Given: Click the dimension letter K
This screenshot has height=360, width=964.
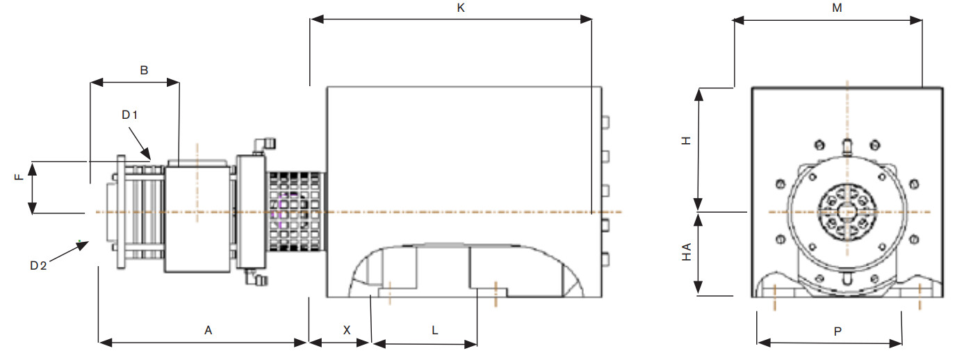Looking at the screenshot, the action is [461, 8].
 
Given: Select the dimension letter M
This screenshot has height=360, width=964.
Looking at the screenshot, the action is [837, 8].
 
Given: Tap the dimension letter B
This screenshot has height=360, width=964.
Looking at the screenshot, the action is [144, 70].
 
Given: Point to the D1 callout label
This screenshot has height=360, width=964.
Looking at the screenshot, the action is [129, 115].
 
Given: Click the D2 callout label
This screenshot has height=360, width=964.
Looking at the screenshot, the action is [38, 265].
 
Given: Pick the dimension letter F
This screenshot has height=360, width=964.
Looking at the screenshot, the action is [19, 177].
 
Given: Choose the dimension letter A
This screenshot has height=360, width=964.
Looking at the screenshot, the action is [209, 330].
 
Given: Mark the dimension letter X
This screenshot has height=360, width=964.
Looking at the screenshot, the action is [347, 330].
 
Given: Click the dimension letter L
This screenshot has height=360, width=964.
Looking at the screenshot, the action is [435, 330].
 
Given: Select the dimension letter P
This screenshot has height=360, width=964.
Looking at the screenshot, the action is [838, 332].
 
